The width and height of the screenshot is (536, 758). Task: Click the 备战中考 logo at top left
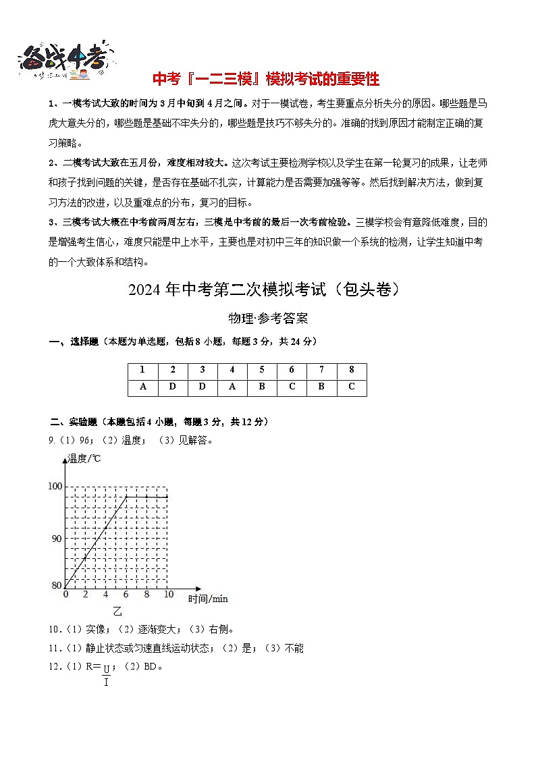point(64,59)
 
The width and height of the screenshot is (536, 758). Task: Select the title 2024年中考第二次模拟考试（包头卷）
point(267,290)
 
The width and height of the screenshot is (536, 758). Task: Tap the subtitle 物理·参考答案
point(268,319)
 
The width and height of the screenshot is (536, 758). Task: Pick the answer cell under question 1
point(143,387)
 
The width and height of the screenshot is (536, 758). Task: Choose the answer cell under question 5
point(262,387)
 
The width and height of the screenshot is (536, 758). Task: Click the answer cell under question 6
point(292,387)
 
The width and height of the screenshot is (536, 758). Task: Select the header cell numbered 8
point(351,371)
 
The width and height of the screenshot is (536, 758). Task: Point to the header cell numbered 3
point(203,371)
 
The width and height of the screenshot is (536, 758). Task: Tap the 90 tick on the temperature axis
point(57,538)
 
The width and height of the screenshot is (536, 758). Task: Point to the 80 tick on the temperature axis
point(57,585)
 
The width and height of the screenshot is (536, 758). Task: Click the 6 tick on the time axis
point(126,595)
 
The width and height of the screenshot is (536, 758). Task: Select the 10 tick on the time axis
point(167,595)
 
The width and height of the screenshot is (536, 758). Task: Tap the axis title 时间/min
point(208,599)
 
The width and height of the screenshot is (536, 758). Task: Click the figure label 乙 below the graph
point(117,612)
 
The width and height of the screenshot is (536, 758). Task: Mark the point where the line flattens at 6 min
point(126,496)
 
